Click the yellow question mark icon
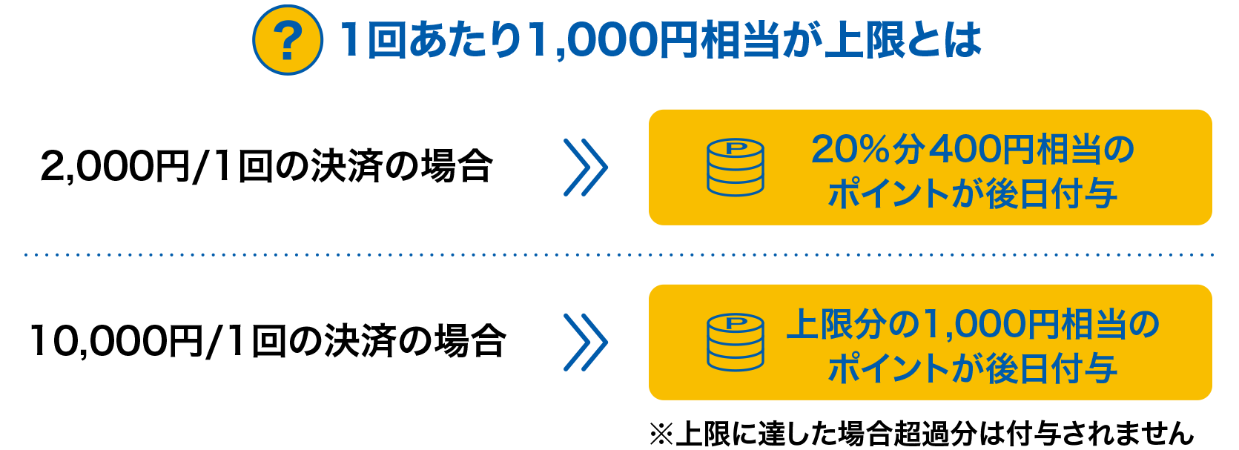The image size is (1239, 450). point(288,40)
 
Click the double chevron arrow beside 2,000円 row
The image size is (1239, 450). point(586,168)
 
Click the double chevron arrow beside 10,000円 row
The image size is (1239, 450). point(586,343)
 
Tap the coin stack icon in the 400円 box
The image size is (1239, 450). point(735,167)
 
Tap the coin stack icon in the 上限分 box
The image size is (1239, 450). point(735,342)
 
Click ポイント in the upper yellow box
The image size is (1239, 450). point(888,193)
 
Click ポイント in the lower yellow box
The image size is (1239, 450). point(888,368)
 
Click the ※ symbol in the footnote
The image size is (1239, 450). point(662,434)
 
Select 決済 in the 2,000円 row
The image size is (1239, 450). point(346,166)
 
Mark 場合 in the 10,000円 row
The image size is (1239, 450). point(469,341)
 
